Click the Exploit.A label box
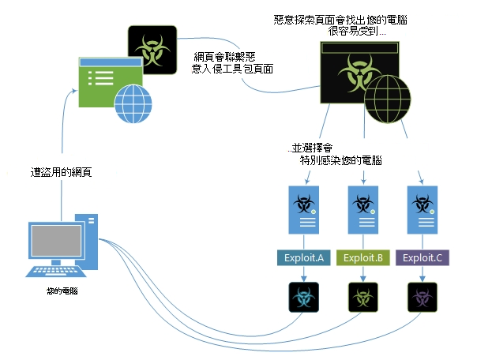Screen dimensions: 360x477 (301, 258)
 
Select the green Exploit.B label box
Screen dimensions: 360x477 (362, 258)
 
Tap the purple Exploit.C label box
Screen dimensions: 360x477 (422, 258)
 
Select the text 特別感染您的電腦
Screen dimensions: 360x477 (341, 159)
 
